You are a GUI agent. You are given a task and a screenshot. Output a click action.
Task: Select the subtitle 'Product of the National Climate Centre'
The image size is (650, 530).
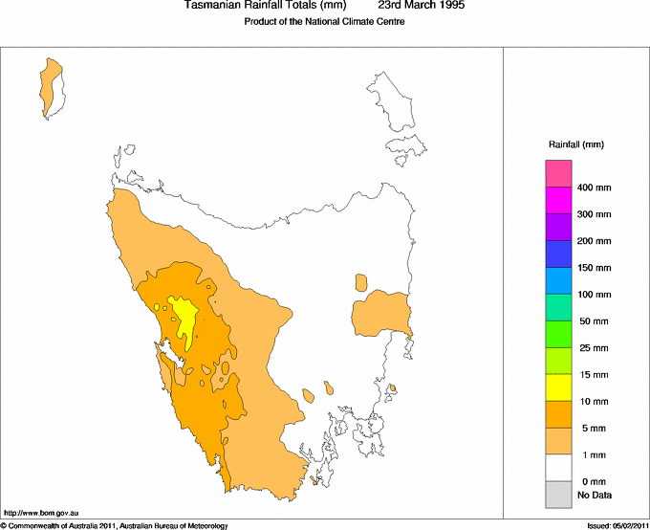pyautogui.click(x=325, y=22)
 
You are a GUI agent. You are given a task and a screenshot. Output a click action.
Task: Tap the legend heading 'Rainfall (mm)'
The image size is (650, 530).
pyautogui.click(x=575, y=144)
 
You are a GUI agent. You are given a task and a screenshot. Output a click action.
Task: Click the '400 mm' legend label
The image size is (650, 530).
pyautogui.click(x=593, y=188)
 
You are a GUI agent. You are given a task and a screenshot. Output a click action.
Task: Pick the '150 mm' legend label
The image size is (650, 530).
pyautogui.click(x=593, y=268)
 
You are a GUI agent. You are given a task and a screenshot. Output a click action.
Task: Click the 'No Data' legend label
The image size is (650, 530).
pyautogui.click(x=594, y=495)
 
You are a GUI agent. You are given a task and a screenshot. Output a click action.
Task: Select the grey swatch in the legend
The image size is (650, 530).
pyautogui.click(x=558, y=495)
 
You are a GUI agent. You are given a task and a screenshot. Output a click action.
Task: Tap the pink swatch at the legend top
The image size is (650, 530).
pyautogui.click(x=558, y=173)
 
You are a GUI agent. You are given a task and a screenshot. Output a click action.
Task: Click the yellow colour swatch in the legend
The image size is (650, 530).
pyautogui.click(x=558, y=387)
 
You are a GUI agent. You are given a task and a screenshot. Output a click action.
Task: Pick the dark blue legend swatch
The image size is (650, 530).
pyautogui.click(x=558, y=254)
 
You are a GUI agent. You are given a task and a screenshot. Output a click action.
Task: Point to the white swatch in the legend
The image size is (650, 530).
pyautogui.click(x=558, y=468)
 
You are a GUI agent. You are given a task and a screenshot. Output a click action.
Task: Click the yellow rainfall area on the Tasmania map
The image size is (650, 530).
pyautogui.click(x=184, y=315)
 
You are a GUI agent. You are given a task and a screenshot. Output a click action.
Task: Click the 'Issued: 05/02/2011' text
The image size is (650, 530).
pyautogui.click(x=617, y=525)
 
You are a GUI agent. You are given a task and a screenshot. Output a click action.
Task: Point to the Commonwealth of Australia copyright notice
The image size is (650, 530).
pyautogui.click(x=115, y=525)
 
